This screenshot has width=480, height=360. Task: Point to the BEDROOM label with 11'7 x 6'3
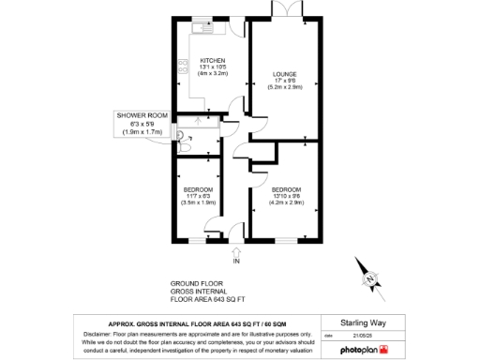point(198,189)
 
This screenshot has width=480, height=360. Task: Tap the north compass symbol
point(372,278)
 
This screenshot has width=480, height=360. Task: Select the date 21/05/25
point(361,334)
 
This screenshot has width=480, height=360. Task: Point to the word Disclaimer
point(97,333)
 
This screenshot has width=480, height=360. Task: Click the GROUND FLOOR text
point(194,283)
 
